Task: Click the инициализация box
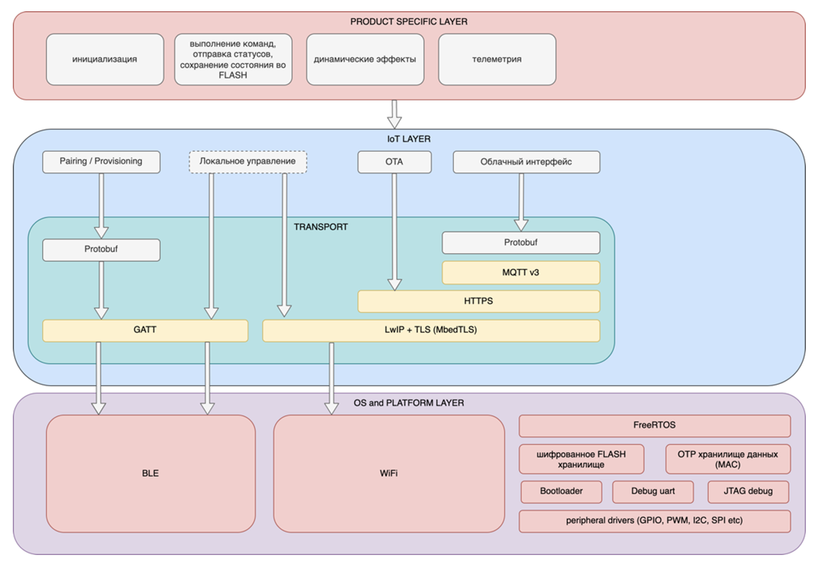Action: [105, 60]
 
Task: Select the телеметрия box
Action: [496, 60]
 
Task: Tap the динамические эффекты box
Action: [365, 60]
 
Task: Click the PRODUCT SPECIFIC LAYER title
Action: [409, 21]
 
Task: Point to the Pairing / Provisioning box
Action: [101, 161]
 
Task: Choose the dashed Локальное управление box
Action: [248, 161]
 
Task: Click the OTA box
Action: [394, 162]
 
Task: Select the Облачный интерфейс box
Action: [526, 162]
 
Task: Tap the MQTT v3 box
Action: [521, 272]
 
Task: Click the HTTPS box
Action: [478, 301]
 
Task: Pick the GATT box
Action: [145, 330]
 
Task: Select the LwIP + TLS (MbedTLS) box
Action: [431, 330]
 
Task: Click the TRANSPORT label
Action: [321, 227]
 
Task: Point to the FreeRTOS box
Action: [654, 425]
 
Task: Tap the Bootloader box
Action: [561, 491]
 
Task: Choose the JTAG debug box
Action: [748, 491]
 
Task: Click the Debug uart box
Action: [652, 491]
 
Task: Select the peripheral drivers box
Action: [654, 521]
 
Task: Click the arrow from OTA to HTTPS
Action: [395, 231]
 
